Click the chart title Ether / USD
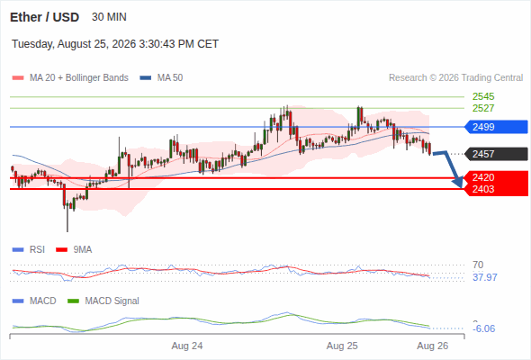click(44, 17)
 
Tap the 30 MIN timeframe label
click(109, 17)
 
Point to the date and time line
click(115, 44)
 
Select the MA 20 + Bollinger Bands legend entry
click(70, 78)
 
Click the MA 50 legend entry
click(161, 78)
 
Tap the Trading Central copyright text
click(455, 78)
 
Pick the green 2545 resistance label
click(483, 96)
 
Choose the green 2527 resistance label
click(483, 108)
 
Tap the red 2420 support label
click(483, 177)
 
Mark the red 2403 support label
click(483, 189)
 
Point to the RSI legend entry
click(29, 249)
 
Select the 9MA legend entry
click(74, 249)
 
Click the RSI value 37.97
click(485, 277)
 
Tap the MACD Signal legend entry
click(103, 301)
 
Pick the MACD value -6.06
click(484, 328)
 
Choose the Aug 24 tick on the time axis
click(187, 346)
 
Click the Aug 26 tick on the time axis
click(433, 346)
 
